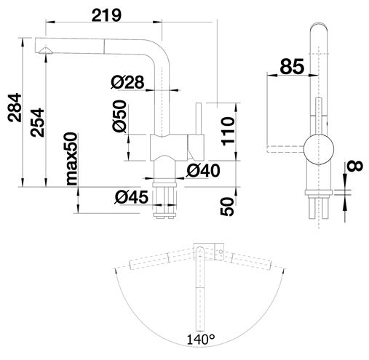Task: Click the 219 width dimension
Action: [x=106, y=15]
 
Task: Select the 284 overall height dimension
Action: [x=15, y=108]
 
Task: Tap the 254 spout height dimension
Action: [x=37, y=123]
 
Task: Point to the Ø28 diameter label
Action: [x=127, y=82]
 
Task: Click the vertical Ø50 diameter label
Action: [x=119, y=116]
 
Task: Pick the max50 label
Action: [x=71, y=159]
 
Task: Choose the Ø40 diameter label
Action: [x=203, y=170]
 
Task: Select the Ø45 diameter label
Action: [x=131, y=197]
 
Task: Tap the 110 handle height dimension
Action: [x=228, y=131]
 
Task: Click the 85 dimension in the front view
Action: [x=292, y=66]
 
